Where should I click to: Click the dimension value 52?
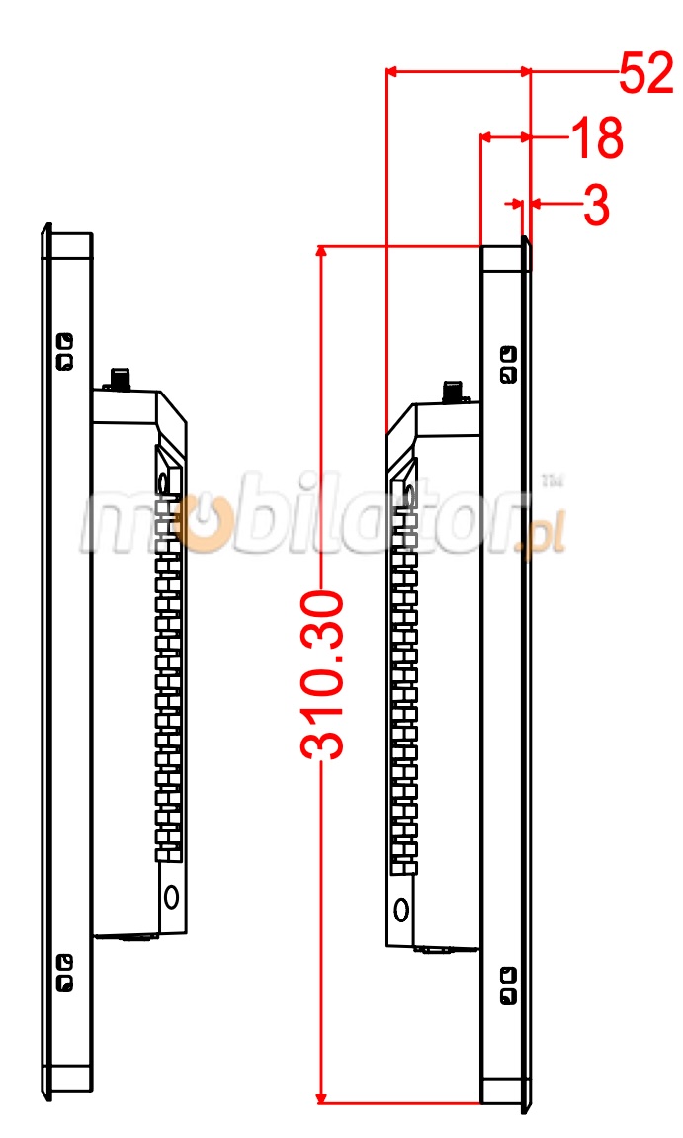tap(646, 74)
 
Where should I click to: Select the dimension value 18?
tap(597, 139)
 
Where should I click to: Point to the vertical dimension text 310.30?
tap(324, 675)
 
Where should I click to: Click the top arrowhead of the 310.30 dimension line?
tap(320, 252)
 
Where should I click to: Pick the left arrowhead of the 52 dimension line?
tap(392, 70)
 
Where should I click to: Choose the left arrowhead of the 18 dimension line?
tap(486, 136)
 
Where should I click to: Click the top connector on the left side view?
tap(120, 379)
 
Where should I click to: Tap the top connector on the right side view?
tap(454, 390)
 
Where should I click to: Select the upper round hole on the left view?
tap(163, 481)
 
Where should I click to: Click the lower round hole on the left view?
tap(171, 896)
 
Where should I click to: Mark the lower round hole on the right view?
tap(401, 909)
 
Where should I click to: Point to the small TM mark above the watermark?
tap(552, 481)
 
